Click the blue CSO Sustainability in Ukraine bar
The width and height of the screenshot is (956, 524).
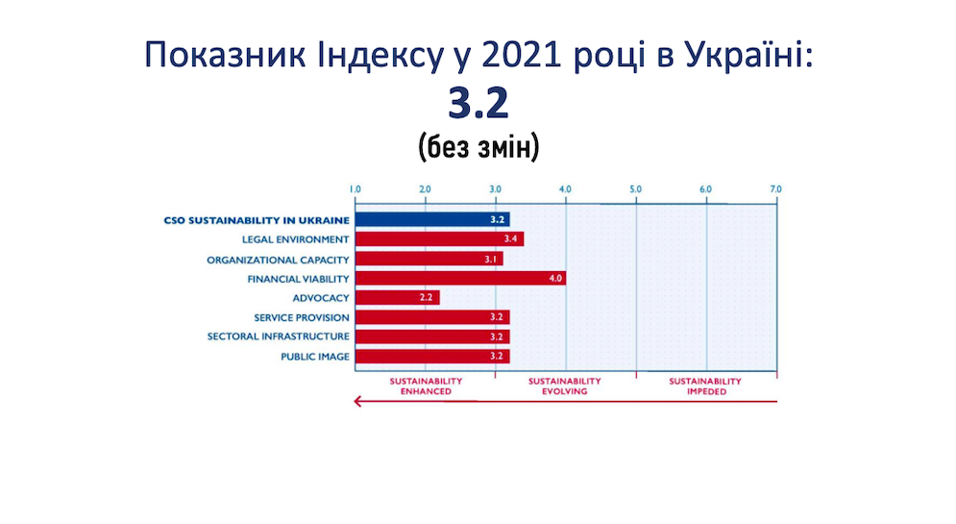pos(432,219)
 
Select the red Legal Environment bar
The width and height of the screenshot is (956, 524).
pos(440,239)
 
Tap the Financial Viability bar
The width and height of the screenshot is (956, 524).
pos(460,278)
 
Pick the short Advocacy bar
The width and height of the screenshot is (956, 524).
pos(398,298)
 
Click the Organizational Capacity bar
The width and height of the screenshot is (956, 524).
pos(429,259)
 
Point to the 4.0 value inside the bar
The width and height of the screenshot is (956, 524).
pos(554,279)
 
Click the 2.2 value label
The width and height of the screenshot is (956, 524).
pos(426,298)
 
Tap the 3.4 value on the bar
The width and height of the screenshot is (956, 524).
pos(510,239)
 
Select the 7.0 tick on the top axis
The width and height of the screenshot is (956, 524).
pos(775,189)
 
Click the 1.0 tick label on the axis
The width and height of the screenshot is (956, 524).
pos(355,189)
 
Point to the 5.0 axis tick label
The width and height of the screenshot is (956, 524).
pos(635,189)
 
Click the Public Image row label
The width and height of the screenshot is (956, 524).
pos(314,357)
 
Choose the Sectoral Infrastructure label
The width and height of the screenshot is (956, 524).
pos(278,337)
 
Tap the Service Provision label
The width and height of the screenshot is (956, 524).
pos(302,317)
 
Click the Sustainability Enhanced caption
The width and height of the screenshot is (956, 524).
pos(426,387)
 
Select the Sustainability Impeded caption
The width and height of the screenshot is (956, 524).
pos(705,387)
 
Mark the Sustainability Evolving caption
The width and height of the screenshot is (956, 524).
pos(565,387)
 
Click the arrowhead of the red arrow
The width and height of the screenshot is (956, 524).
pos(357,401)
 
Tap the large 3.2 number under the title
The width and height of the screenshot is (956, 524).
pos(478,103)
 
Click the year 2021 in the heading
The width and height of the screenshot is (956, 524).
pos(522,55)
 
